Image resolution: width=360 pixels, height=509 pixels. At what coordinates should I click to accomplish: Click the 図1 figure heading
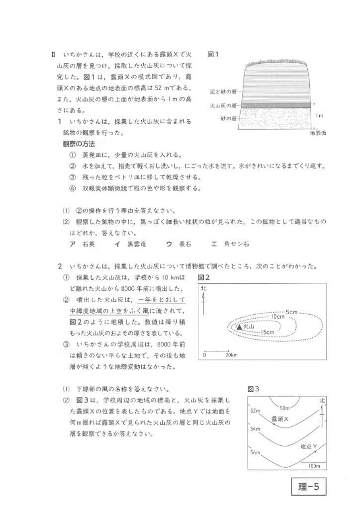pyautogui.click(x=214, y=54)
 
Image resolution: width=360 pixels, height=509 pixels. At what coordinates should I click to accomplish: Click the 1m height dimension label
pyautogui.click(x=320, y=116)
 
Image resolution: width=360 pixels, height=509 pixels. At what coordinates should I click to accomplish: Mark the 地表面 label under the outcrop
pyautogui.click(x=318, y=133)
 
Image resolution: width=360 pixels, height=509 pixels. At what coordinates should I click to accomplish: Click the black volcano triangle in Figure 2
pyautogui.click(x=240, y=327)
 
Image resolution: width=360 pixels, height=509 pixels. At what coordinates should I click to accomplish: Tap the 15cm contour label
pyautogui.click(x=267, y=332)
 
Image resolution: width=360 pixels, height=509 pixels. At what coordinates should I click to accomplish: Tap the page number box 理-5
pyautogui.click(x=308, y=487)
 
